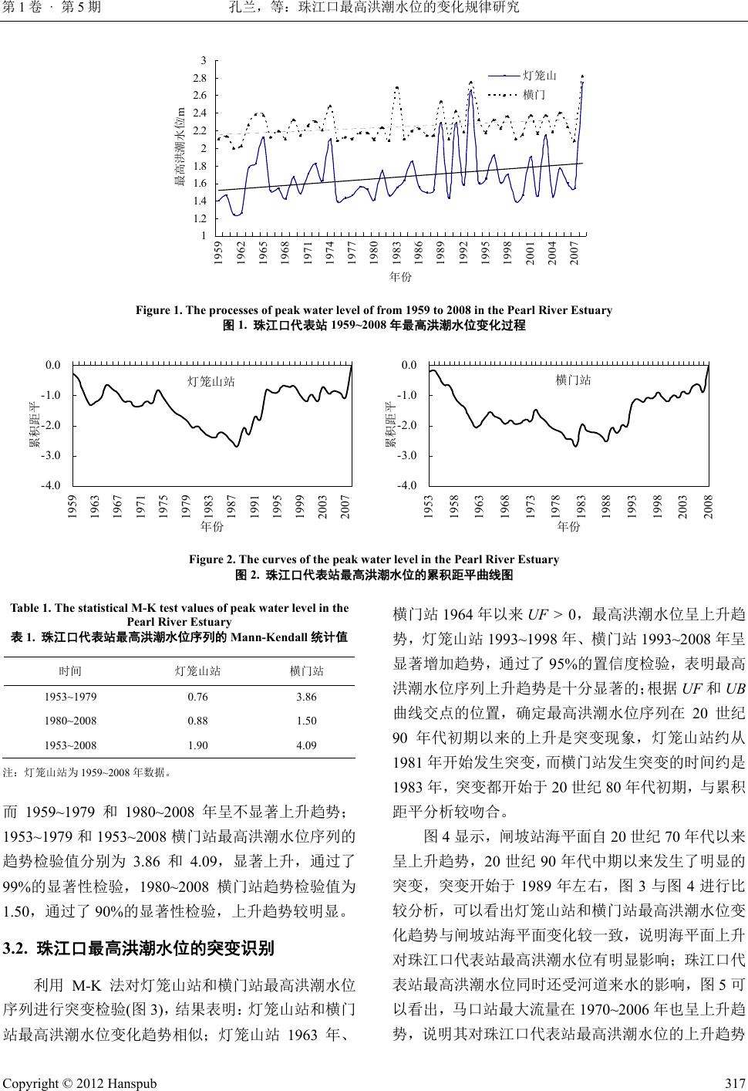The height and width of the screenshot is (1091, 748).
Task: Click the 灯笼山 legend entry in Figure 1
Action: coord(539,76)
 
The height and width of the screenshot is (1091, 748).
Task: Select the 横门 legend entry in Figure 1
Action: coord(534,94)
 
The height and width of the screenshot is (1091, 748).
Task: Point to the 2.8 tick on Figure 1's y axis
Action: coord(200,78)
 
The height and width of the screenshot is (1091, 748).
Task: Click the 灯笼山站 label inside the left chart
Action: coord(211,380)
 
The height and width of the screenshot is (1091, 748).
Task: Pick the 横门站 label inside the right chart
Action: coord(574,380)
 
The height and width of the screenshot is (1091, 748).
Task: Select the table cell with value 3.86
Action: coord(306,696)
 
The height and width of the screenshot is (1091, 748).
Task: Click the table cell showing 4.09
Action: coord(306,745)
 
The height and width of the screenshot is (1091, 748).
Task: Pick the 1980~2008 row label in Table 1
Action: coord(70,721)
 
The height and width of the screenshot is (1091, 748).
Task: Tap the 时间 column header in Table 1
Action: coord(70,671)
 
